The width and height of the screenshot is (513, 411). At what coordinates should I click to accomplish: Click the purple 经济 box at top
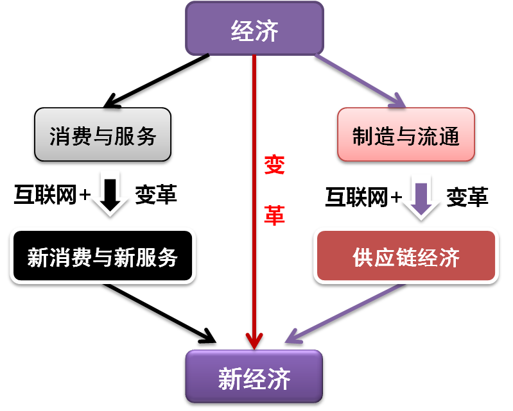(x=254, y=28)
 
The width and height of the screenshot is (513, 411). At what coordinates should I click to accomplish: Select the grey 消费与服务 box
(x=103, y=134)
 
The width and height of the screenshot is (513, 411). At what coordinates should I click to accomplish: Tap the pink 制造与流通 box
(x=406, y=134)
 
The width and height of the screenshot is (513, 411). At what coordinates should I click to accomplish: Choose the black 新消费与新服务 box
(x=103, y=256)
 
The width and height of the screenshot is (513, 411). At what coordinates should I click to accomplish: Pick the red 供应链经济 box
(x=406, y=256)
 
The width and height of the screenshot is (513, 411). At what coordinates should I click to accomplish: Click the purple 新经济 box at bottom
(x=254, y=376)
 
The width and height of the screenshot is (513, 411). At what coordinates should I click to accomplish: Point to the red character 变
(x=274, y=165)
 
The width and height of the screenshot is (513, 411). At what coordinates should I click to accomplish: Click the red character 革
(x=274, y=215)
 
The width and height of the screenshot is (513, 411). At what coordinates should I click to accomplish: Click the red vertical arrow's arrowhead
(x=254, y=342)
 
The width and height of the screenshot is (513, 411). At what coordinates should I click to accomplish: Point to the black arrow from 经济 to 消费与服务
(x=157, y=81)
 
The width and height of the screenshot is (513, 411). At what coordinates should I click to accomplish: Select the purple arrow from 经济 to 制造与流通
(x=361, y=81)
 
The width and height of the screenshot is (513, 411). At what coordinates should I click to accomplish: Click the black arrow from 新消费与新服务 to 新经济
(x=160, y=314)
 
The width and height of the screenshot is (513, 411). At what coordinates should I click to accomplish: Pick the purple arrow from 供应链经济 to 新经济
(x=345, y=313)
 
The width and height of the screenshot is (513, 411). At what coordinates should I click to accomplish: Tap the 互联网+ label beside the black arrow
(x=53, y=195)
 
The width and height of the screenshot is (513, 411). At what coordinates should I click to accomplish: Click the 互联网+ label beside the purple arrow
(x=363, y=197)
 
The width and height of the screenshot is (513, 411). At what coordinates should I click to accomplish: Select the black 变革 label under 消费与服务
(x=156, y=195)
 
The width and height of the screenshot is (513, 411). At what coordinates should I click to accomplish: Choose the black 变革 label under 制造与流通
(x=467, y=197)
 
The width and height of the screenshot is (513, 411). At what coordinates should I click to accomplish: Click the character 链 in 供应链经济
(x=406, y=257)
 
